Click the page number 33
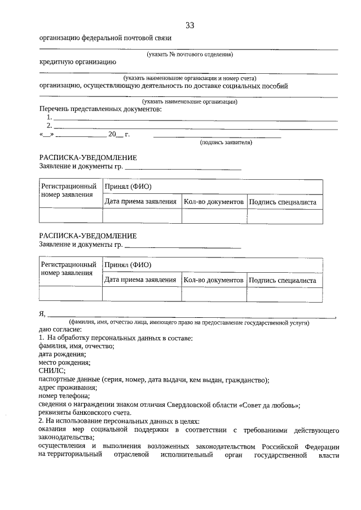[190, 25]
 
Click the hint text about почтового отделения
[190, 54]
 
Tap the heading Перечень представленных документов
[100, 109]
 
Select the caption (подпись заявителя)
[226, 143]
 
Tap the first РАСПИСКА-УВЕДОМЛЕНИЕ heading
[88, 158]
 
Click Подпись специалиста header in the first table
[283, 202]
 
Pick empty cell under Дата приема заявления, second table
[141, 294]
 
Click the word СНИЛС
[52, 370]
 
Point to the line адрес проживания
[68, 388]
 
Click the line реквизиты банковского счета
[84, 413]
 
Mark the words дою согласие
[60, 329]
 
